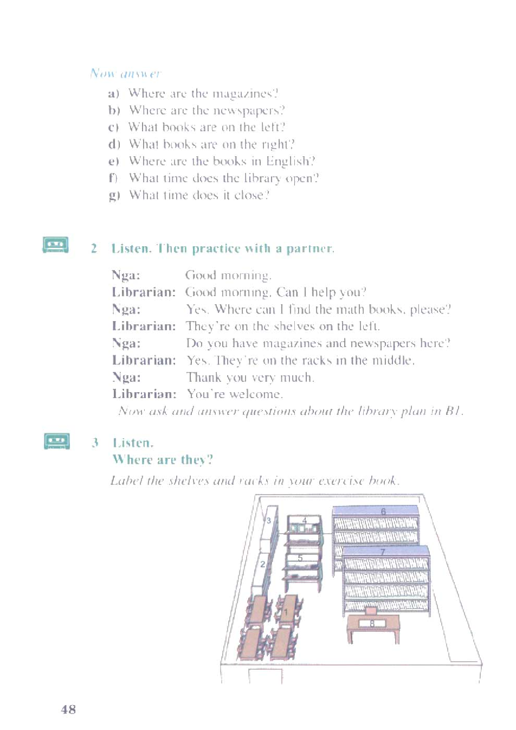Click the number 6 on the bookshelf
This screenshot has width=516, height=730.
coord(383,511)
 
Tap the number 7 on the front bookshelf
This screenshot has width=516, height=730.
coord(382,552)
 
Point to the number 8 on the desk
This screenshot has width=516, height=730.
coord(372,624)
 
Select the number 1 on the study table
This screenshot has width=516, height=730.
coord(286,612)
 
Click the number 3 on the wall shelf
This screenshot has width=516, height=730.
coord(268,521)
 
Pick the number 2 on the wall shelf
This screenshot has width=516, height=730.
coord(262,564)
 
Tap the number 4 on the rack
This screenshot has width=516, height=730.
coord(305,521)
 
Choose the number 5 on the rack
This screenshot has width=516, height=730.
coord(300,558)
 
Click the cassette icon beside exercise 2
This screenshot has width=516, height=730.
coord(55,245)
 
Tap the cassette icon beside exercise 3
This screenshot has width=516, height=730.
coord(56,441)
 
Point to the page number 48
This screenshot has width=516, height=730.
coord(68,709)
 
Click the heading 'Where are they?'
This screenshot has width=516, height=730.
coord(163,460)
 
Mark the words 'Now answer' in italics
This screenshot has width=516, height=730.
coord(125,73)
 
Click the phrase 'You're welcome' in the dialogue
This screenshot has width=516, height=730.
coord(235,394)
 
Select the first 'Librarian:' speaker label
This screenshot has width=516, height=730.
coord(144,292)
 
